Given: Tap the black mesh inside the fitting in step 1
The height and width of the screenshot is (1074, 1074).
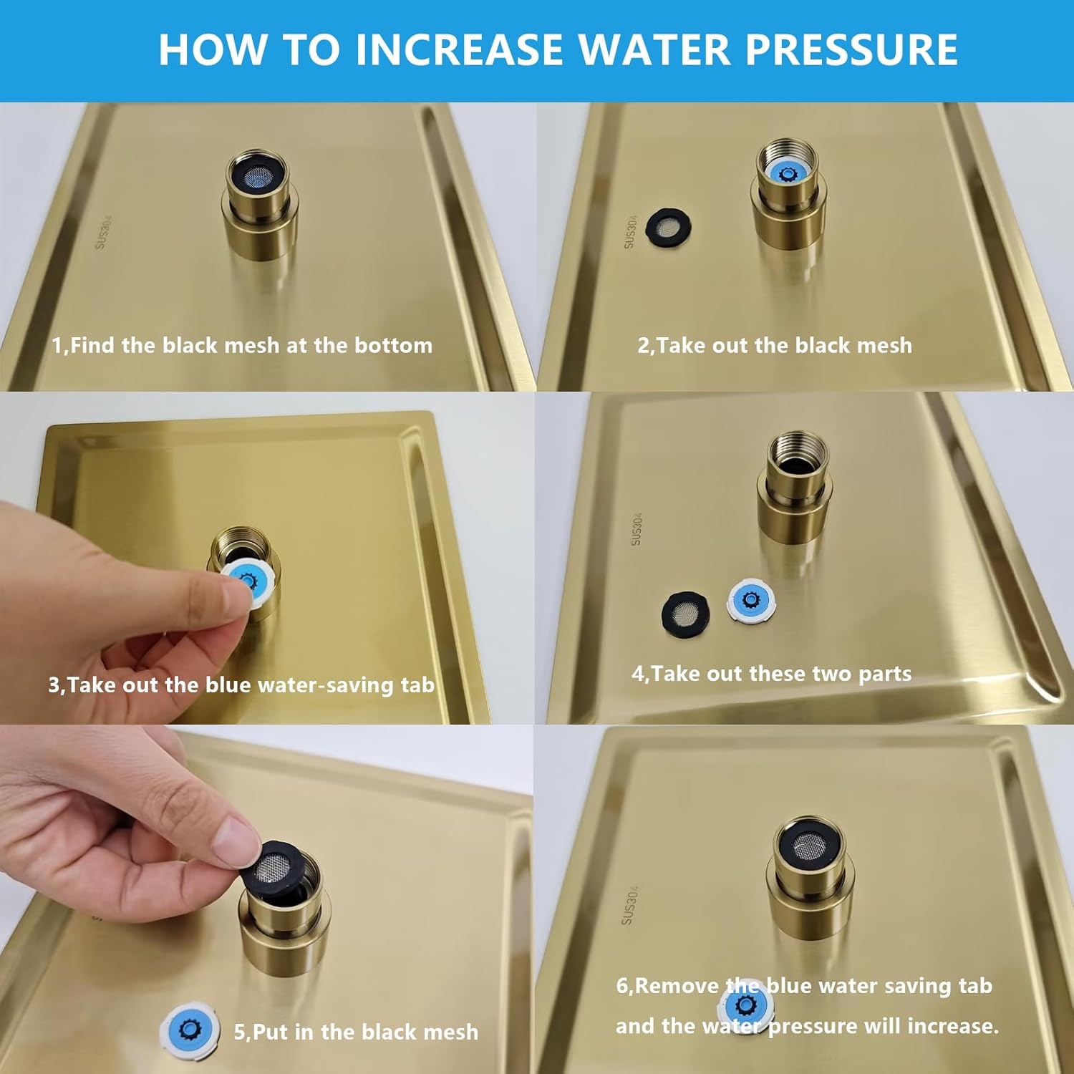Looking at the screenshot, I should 256,176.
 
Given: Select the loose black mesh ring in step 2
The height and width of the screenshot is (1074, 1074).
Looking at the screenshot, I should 669,228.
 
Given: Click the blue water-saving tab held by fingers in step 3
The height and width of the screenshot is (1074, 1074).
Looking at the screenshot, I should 247,581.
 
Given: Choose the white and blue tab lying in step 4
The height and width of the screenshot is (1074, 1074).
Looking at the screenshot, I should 751,600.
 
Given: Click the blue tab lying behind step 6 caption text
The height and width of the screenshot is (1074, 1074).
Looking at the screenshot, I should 745,1005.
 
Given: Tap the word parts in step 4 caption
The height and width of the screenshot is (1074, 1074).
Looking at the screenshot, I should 884,674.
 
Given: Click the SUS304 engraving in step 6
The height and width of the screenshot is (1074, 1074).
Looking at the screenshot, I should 629,905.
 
